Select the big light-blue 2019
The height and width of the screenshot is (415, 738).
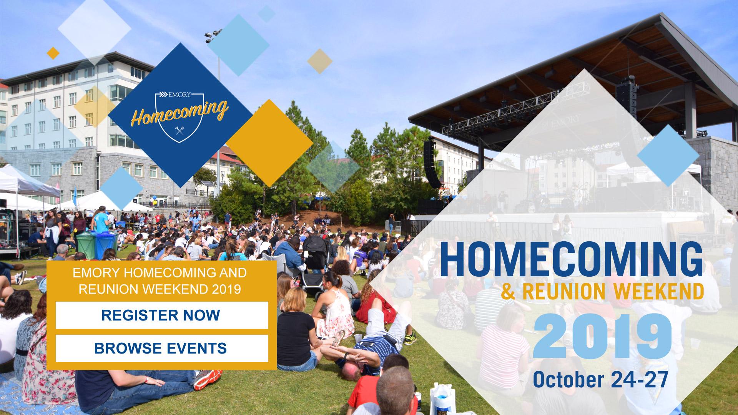pyautogui.click(x=602, y=336)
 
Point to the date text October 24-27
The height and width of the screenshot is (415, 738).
pyautogui.click(x=600, y=380)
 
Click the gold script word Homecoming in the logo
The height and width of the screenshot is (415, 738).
pyautogui.click(x=180, y=112)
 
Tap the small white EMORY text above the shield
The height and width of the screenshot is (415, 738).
pyautogui.click(x=179, y=95)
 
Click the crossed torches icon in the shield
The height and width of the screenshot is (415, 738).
pyautogui.click(x=180, y=130)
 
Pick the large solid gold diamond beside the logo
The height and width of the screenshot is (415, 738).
pyautogui.click(x=269, y=143)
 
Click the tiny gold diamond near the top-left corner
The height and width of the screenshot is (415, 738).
pyautogui.click(x=53, y=53)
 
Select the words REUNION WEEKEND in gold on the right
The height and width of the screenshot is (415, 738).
pyautogui.click(x=613, y=291)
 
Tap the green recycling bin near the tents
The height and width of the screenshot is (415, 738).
pyautogui.click(x=86, y=245)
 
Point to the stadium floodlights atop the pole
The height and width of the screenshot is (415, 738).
pyautogui.click(x=213, y=35)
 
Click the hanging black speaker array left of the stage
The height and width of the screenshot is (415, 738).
pyautogui.click(x=432, y=163)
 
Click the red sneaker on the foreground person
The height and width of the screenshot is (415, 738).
pyautogui.click(x=208, y=379)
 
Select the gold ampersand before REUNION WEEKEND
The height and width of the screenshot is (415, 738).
pyautogui.click(x=508, y=292)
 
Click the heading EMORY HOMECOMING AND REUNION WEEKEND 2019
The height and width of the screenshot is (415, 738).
pyautogui.click(x=160, y=281)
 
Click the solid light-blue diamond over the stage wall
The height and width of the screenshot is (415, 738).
pyautogui.click(x=668, y=155)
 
